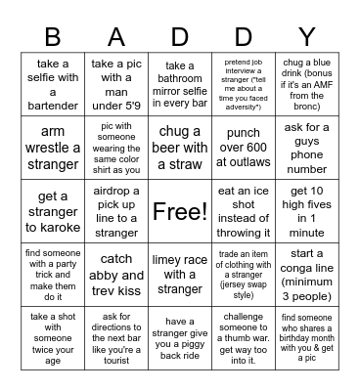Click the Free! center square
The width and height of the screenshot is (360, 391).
[180, 210]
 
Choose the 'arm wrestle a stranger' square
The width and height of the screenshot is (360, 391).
[53, 148]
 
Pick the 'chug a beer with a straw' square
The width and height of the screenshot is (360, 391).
[180, 148]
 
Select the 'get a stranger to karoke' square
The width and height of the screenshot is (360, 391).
[53, 210]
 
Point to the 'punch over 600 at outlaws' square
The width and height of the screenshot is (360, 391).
[244, 148]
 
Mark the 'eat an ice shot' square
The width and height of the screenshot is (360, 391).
[244, 210]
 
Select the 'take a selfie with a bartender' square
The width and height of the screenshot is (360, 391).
[53, 85]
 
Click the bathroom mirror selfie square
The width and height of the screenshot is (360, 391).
[180, 85]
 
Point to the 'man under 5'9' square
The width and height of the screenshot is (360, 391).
[115, 85]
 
